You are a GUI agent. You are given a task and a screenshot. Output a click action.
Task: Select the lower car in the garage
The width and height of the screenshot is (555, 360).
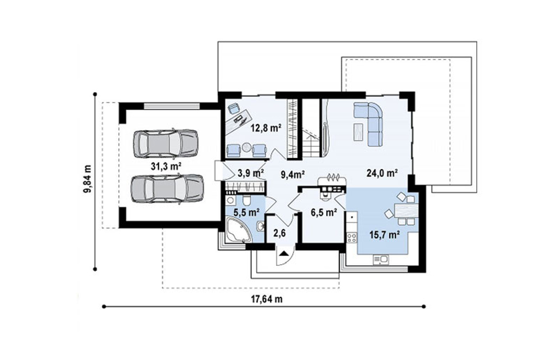coord(167,188)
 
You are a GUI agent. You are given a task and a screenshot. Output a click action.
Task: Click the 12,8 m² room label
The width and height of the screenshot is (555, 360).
coord(266,128)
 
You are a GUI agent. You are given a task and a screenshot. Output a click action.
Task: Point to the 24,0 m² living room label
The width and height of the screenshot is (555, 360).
coord(381,173)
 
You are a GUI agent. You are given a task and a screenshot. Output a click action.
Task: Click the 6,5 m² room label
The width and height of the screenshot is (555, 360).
coord(323,212)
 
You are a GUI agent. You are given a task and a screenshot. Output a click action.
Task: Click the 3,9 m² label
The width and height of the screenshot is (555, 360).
coord(251,173)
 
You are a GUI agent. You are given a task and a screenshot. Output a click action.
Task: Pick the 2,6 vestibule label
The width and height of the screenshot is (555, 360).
coord(279,233)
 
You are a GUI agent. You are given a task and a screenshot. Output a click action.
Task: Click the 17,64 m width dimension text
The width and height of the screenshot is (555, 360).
coord(267,299)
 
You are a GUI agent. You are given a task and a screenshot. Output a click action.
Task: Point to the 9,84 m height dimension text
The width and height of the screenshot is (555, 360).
coord(87,179)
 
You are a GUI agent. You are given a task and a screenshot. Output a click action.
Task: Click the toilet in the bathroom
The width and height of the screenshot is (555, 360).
coord(247,200)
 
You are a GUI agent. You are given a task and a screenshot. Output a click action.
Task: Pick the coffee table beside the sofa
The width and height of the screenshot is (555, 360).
coord(358,131)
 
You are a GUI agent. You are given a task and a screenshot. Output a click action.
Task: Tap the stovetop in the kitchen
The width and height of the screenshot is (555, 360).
coord(352,237)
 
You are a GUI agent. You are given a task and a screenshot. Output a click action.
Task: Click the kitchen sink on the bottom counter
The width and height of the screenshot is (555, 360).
coord(380,260)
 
